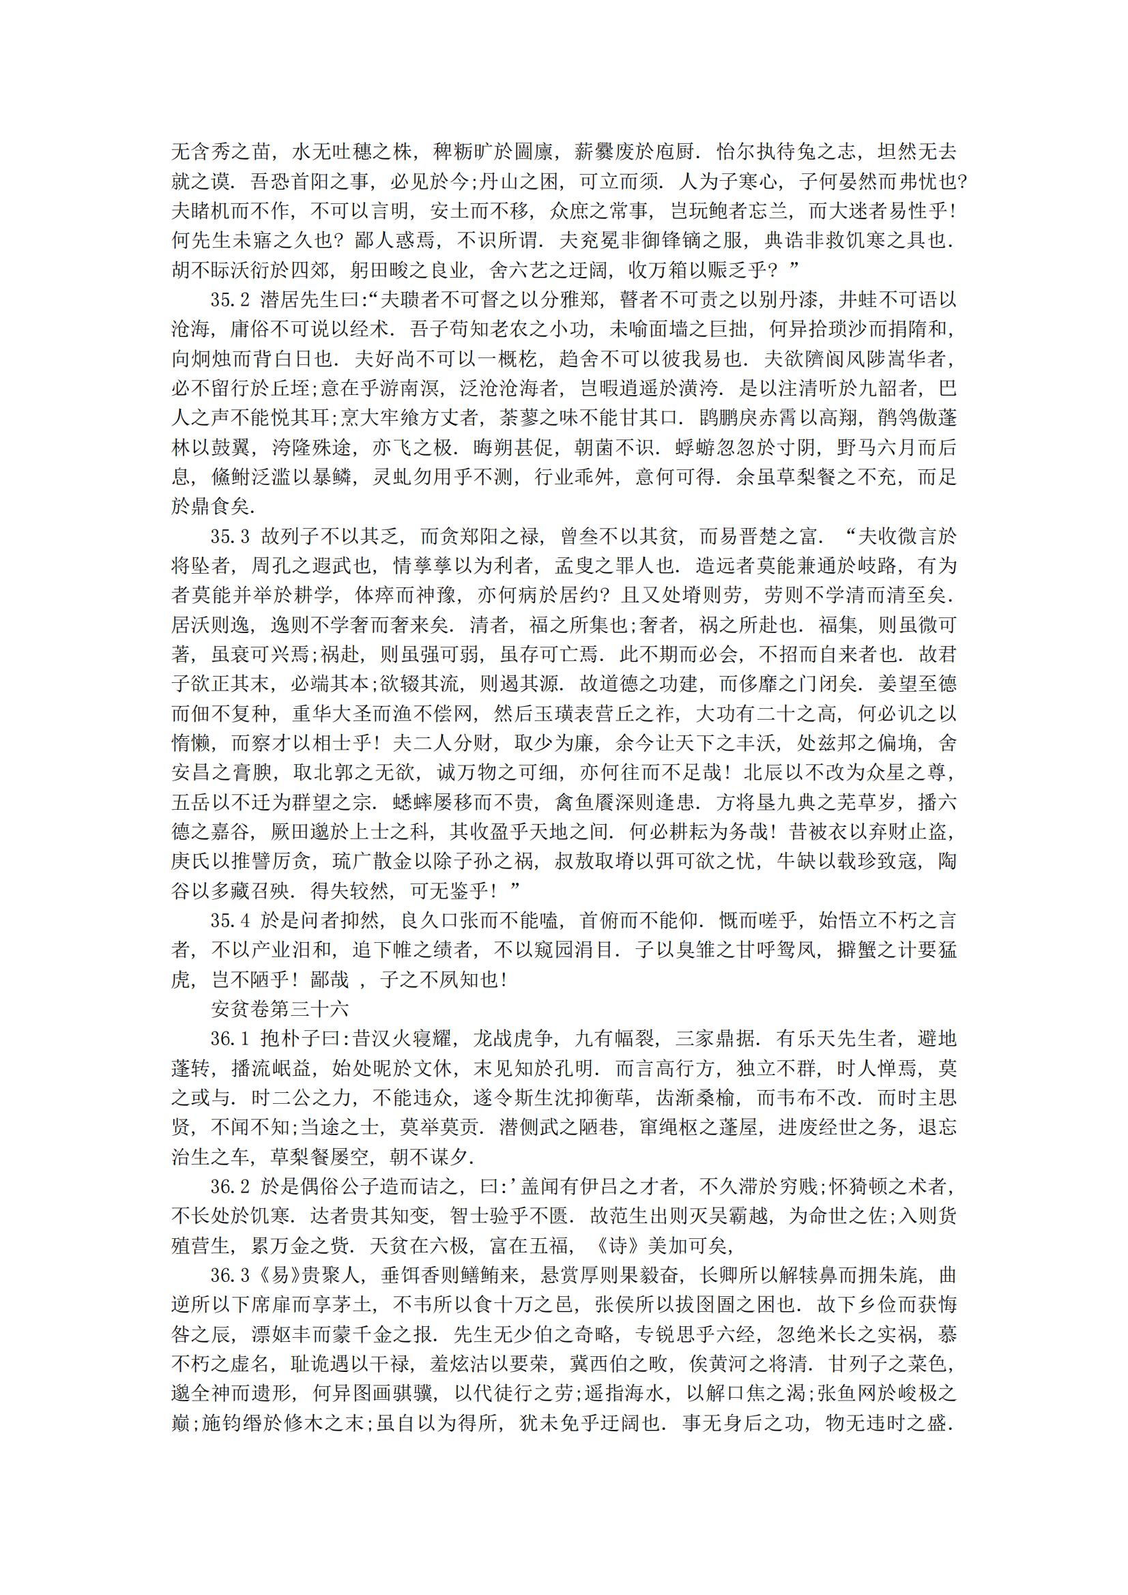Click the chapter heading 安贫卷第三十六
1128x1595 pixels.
(278, 1009)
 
